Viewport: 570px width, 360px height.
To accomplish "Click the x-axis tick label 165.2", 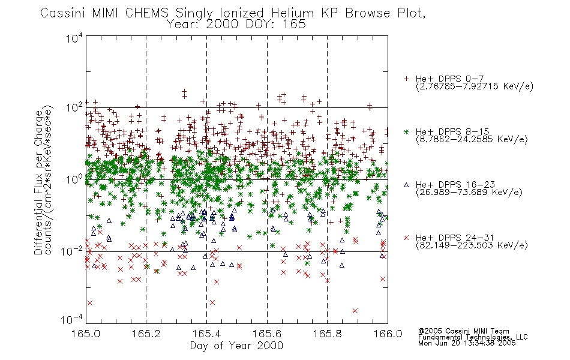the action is [x=146, y=334].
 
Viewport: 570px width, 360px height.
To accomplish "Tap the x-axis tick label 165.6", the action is [x=267, y=334].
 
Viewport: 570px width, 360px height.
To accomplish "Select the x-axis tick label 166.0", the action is [x=388, y=334].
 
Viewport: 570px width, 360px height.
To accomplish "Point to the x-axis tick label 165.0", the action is [x=86, y=334].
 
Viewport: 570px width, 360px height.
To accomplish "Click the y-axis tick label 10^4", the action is [x=74, y=38].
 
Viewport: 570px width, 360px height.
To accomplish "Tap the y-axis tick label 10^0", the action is [x=74, y=179].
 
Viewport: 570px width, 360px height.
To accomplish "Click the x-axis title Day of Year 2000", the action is [x=236, y=346].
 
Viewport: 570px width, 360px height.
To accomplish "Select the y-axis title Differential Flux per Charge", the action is [x=38, y=182].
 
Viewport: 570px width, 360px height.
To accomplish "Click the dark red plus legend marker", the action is [x=406, y=79].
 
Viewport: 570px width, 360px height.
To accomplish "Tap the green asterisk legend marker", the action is [x=406, y=131].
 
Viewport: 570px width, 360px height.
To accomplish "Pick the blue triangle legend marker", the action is [x=406, y=185].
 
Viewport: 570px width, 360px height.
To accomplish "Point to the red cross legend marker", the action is [x=406, y=238].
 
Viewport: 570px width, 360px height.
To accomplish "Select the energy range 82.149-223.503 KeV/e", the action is [x=472, y=245].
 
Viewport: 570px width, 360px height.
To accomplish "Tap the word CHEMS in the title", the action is [x=147, y=13].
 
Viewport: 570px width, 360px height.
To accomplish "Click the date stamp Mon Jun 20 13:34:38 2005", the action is [x=467, y=343].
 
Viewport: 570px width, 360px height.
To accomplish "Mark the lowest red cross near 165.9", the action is [x=355, y=311].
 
